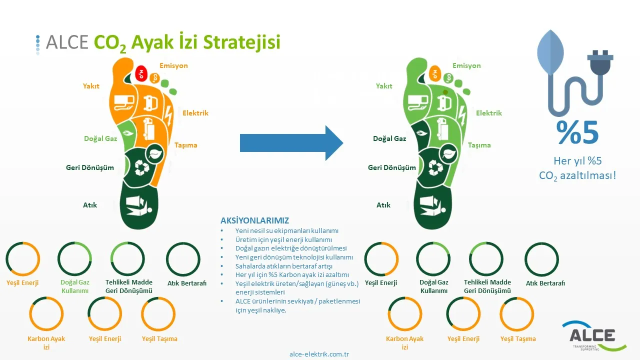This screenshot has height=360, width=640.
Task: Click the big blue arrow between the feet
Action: (x=291, y=143)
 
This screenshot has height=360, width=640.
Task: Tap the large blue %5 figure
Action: (x=577, y=132)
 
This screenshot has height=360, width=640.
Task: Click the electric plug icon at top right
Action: (x=600, y=63)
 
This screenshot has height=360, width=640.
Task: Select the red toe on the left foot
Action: (x=141, y=73)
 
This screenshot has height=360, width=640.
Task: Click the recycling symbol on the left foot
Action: (x=142, y=167)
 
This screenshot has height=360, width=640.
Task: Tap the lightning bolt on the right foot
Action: (x=462, y=115)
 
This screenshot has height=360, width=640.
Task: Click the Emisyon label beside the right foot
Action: (x=466, y=65)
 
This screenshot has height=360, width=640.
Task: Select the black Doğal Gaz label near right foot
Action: (x=389, y=138)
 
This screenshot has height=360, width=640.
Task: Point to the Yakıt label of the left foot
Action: (x=91, y=86)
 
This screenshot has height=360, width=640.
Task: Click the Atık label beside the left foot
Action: (x=90, y=205)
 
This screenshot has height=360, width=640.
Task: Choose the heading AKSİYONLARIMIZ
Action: (x=254, y=220)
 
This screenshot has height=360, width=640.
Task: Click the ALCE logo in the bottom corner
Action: (x=593, y=336)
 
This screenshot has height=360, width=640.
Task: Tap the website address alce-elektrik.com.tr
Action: (x=319, y=354)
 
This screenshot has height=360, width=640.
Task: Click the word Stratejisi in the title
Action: (x=241, y=42)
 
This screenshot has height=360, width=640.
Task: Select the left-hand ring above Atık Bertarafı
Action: (x=183, y=259)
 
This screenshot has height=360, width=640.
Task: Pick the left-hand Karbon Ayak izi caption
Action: (x=46, y=343)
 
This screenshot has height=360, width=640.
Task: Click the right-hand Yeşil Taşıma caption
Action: (x=518, y=339)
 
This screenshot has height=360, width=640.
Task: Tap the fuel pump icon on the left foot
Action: (x=124, y=103)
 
